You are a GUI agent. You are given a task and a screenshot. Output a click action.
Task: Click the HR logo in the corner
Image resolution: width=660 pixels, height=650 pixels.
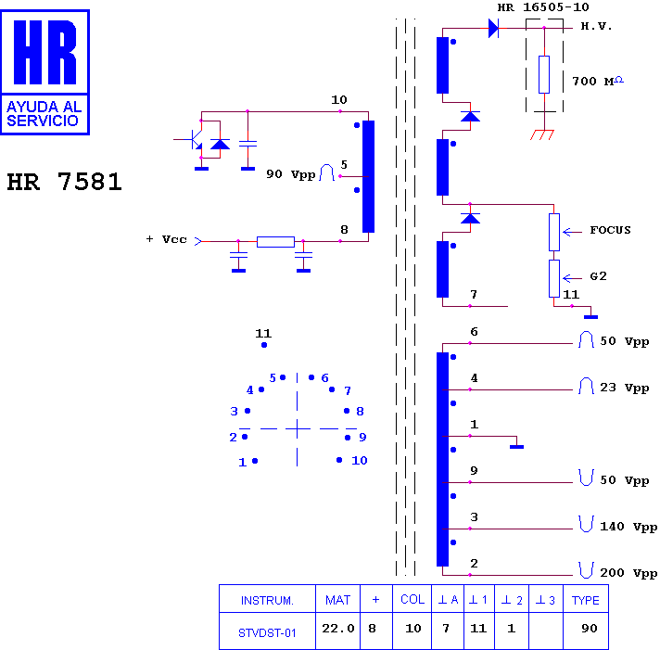tap(45, 72)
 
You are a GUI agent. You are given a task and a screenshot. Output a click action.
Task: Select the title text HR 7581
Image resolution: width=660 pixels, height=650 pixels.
tap(64, 182)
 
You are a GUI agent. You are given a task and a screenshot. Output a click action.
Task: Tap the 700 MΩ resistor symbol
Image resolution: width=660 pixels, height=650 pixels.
tap(544, 74)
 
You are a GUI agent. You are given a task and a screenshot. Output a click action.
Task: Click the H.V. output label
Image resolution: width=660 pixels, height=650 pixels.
tap(596, 26)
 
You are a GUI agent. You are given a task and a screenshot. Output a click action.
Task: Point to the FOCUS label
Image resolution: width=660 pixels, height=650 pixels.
tap(610, 230)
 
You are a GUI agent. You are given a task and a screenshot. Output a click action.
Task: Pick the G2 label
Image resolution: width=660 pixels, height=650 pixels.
tap(598, 276)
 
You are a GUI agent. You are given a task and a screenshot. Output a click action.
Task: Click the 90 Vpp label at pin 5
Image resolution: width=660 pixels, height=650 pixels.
tap(290, 174)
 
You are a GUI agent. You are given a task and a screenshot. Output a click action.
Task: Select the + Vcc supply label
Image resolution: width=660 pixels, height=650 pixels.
tap(167, 239)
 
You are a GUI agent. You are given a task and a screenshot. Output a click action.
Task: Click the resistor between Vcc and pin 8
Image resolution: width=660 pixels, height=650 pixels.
tap(275, 242)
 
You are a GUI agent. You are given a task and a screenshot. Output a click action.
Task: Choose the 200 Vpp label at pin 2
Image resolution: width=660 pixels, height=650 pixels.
tap(628, 572)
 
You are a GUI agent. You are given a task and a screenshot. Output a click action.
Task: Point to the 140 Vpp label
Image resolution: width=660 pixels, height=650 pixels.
tap(628, 527)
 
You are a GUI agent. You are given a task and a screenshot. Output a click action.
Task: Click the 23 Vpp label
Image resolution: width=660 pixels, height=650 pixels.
tap(624, 388)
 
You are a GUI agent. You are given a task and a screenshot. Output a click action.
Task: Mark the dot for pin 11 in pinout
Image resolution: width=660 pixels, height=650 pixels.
tap(264, 345)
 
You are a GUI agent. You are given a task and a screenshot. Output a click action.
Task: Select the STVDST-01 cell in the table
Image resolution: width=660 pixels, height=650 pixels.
tap(267, 632)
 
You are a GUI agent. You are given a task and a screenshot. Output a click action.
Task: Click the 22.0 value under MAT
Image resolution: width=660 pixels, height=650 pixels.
tap(338, 628)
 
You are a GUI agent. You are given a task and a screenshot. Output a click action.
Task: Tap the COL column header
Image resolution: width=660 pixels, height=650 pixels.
tap(412, 600)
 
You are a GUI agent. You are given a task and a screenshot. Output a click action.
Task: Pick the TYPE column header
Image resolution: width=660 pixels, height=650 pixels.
tap(586, 600)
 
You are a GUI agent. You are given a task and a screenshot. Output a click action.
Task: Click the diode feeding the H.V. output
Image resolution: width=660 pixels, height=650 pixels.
tap(493, 28)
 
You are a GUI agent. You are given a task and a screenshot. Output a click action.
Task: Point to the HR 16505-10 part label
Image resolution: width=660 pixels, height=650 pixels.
tap(543, 7)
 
